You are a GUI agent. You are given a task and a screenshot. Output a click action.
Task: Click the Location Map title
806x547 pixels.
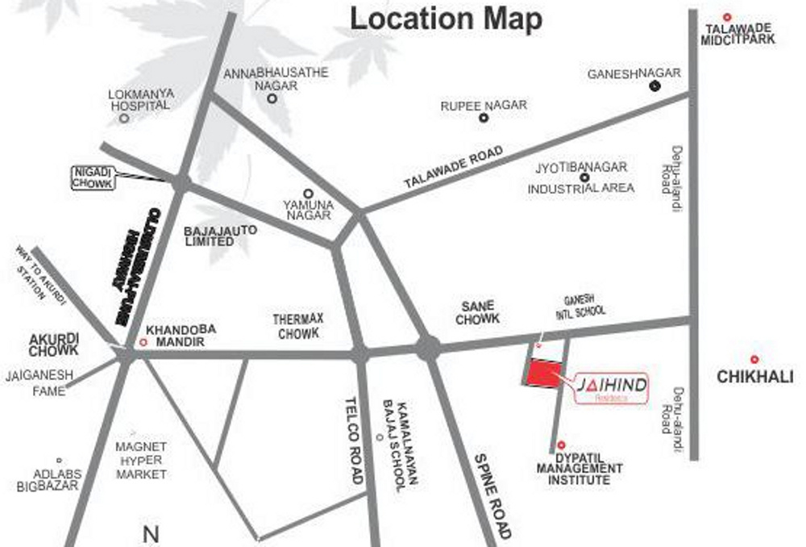(446, 19)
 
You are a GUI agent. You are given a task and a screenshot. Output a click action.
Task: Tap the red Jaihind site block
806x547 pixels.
(540, 373)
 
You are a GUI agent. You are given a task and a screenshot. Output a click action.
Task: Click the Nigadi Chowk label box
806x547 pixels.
(93, 177)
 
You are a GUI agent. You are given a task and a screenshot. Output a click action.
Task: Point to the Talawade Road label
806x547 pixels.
(453, 169)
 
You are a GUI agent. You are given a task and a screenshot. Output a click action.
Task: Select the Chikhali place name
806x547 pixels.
(754, 377)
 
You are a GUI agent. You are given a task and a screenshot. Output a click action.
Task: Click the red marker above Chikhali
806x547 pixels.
(754, 359)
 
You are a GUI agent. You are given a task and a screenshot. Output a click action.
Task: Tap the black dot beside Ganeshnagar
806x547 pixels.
(654, 87)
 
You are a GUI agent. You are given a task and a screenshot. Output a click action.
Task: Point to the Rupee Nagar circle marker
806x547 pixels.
(484, 118)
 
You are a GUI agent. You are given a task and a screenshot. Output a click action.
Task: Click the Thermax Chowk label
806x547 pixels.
(298, 326)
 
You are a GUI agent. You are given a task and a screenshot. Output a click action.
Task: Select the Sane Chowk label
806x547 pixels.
(478, 312)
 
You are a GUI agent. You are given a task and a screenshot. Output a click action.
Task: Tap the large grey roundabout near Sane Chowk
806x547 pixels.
(428, 349)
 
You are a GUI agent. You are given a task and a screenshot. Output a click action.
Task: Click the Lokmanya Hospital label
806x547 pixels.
(139, 99)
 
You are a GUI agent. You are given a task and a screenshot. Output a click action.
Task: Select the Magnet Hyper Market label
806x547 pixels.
(141, 461)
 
